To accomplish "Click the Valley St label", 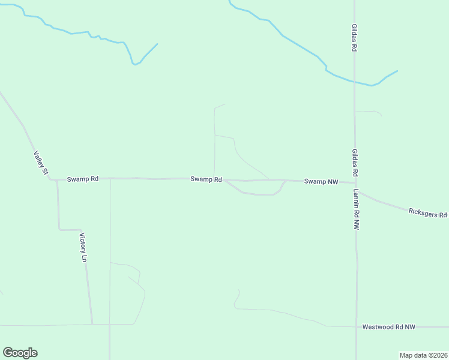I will click(41, 163).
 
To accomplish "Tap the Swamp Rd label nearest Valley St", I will click(82, 179).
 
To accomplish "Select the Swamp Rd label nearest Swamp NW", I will click(206, 179).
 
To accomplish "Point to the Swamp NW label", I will click(321, 181).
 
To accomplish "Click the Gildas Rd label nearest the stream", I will click(355, 37).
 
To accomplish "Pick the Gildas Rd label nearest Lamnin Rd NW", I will click(355, 163).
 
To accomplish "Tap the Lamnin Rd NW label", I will click(356, 211).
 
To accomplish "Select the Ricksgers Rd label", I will click(427, 213).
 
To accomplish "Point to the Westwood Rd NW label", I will click(388, 327).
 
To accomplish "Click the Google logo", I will click(20, 353).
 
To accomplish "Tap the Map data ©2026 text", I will click(423, 355).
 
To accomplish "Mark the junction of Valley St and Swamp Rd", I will click(51, 179).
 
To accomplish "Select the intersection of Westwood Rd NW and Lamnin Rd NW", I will click(357, 327).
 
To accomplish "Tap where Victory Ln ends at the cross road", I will click(92, 324).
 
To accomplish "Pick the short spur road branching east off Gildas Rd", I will click(367, 112).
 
